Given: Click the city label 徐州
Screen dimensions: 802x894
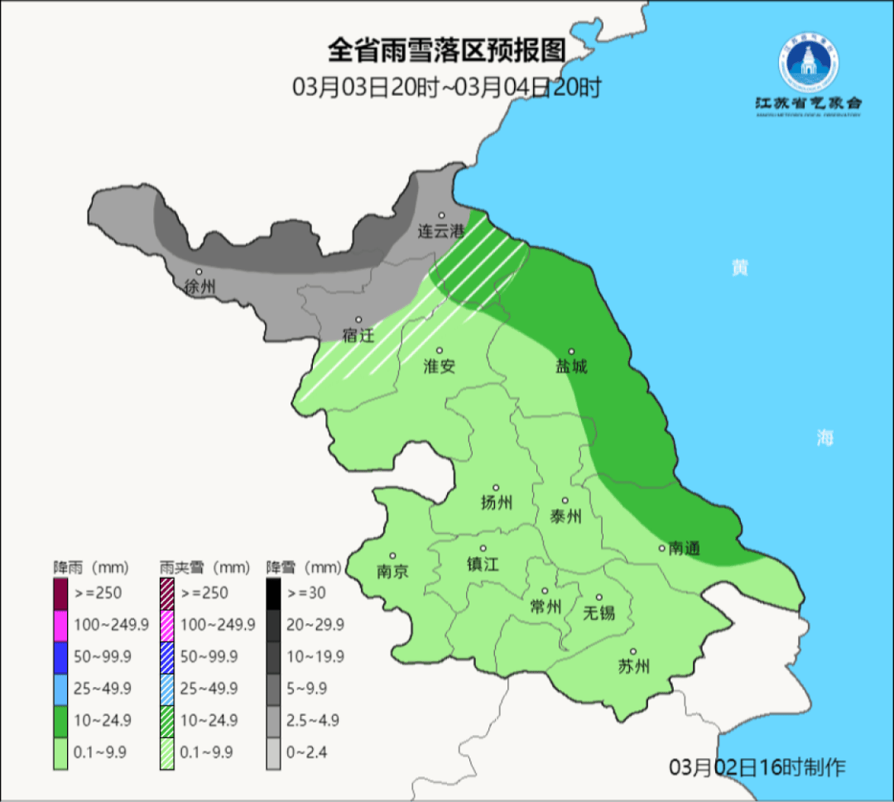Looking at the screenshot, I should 200,287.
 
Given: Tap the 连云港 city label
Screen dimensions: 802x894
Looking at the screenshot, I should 441,232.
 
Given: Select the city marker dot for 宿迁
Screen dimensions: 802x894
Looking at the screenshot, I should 358,319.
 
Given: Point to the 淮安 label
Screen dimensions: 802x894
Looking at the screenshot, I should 440,366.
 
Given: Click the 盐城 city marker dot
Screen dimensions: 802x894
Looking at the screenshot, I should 570,351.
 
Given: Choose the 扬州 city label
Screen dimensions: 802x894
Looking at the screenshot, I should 497,502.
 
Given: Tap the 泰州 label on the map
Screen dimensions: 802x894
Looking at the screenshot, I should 565,516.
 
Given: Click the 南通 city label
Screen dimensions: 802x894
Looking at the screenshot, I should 685,548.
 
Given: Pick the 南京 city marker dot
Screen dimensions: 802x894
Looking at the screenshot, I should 392,556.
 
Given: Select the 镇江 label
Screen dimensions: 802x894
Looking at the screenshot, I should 483,563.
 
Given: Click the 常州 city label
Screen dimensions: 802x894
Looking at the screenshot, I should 546,607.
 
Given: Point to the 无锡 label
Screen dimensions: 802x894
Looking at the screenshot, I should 599,612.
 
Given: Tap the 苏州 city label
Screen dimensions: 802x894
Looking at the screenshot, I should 633,666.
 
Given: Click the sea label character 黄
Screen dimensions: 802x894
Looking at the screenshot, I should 739,267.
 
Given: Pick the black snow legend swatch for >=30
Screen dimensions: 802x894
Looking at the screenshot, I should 272,593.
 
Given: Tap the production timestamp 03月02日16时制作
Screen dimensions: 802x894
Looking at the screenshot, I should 757,766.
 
